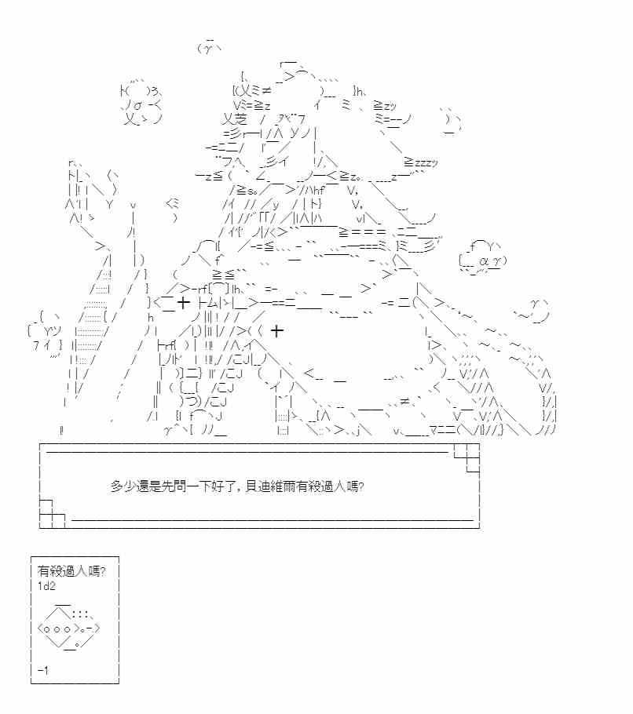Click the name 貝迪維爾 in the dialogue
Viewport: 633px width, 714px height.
click(x=276, y=486)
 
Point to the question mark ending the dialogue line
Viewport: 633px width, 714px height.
click(x=360, y=486)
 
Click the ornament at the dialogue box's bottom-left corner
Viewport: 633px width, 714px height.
click(x=51, y=512)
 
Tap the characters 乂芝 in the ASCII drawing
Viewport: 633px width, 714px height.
click(x=235, y=119)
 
